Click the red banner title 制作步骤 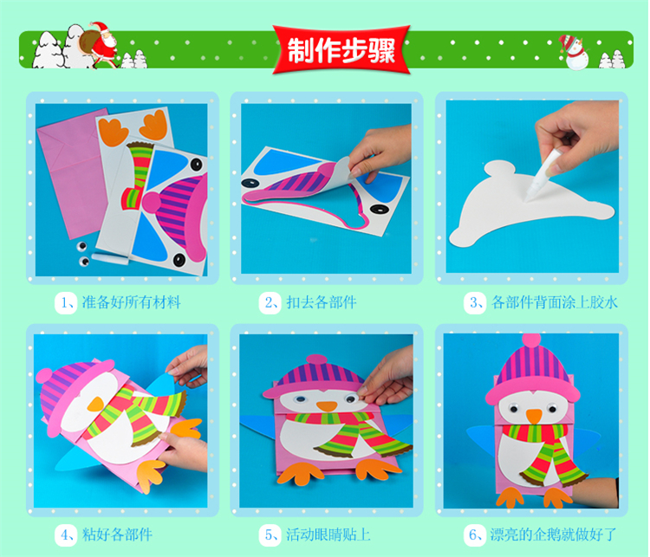point(341,50)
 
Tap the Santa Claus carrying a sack point(101,44)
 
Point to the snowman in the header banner point(574,52)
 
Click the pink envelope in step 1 point(73,170)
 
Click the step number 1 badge point(66,302)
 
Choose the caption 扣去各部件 point(322,302)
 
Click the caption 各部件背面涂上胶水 point(555,302)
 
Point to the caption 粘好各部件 point(117,534)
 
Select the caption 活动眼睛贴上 point(328,534)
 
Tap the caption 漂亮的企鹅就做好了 point(554,534)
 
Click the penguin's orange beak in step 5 point(327,405)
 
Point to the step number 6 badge point(475,534)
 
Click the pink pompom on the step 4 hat point(44,376)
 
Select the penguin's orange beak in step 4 point(95,404)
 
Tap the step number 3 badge point(475,302)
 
